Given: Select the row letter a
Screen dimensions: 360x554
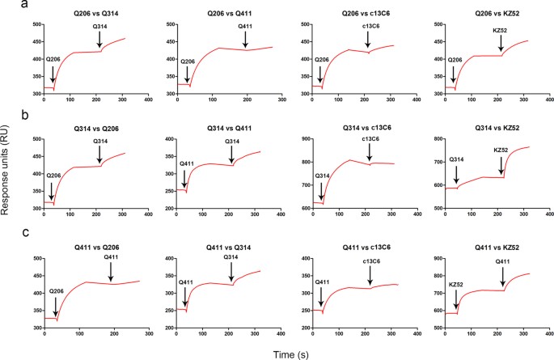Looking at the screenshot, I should coord(5,6).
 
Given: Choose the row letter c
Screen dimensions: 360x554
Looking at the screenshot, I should coord(5,237).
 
